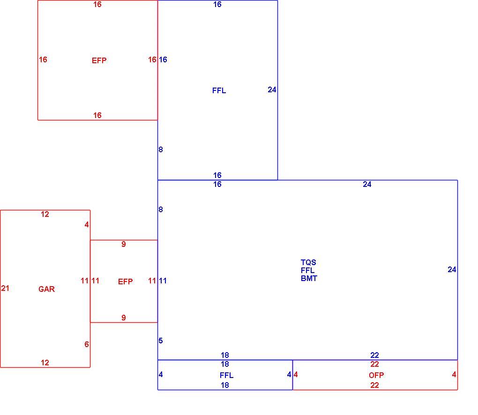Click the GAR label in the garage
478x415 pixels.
tap(47, 289)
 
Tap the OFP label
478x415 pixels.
tap(376, 375)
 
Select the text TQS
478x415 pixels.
tap(308, 262)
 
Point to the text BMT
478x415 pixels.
tap(309, 278)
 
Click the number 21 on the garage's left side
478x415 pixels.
tap(5, 288)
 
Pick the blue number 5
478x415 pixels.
tap(161, 341)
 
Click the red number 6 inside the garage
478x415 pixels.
tap(87, 344)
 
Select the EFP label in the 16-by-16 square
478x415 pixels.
tap(99, 60)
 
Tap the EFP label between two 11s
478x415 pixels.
tap(125, 281)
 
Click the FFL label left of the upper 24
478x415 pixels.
tap(219, 90)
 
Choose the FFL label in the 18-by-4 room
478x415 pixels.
tap(226, 375)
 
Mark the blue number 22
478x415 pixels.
tap(374, 355)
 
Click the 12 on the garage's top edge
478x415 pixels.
tap(45, 214)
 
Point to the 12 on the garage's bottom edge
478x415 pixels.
tap(45, 363)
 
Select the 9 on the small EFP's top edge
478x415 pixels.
tap(123, 244)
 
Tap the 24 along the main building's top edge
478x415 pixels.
tap(367, 184)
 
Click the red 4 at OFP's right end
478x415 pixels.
tap(454, 374)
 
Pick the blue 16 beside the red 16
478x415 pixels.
tap(163, 59)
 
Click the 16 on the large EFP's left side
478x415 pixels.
tap(43, 59)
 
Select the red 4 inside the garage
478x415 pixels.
tap(87, 224)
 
